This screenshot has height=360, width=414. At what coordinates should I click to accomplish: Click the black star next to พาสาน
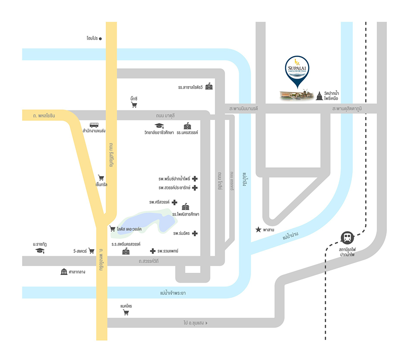[259, 229]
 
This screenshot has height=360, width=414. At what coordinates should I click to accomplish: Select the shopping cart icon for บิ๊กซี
[134, 105]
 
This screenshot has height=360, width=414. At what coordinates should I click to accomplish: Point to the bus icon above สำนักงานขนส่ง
[94, 125]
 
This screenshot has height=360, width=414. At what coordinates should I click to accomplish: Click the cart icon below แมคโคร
[126, 313]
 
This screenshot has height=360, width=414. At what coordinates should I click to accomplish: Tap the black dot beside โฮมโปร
[100, 39]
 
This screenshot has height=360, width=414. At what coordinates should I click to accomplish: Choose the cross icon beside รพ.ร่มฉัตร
[195, 234]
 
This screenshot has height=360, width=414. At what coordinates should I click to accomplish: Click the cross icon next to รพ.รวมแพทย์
[153, 251]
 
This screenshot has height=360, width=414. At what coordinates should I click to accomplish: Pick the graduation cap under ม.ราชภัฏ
[40, 251]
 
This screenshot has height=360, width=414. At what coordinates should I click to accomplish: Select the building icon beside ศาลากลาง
[64, 272]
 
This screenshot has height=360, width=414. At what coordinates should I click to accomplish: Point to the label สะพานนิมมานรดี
[243, 109]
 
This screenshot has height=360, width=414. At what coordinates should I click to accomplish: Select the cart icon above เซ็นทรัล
[101, 177]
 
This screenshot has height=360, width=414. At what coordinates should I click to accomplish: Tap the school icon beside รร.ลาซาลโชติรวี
[209, 86]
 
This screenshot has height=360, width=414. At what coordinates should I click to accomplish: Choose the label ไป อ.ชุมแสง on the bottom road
[195, 323]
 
